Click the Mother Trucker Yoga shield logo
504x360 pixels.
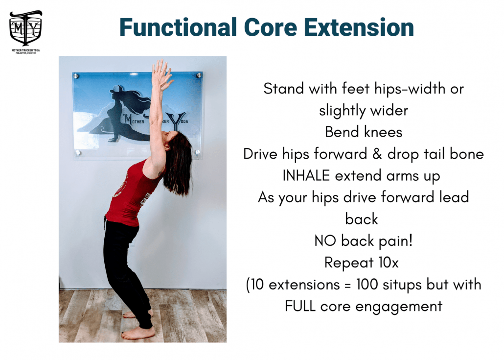click(26, 28)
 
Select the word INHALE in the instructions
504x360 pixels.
click(306, 176)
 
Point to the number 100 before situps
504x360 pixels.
click(367, 285)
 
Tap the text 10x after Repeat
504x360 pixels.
click(389, 263)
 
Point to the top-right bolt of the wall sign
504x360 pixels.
click(199, 75)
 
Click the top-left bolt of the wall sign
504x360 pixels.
click(76, 76)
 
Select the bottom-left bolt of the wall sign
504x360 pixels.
click(77, 152)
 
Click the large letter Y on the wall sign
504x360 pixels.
click(178, 122)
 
